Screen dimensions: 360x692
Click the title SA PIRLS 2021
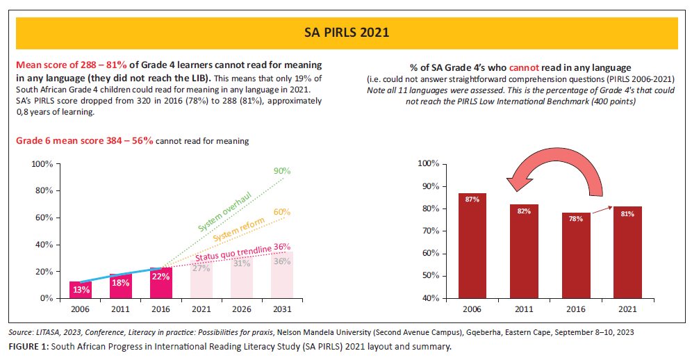(346, 33)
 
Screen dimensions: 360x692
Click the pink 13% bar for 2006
(81, 290)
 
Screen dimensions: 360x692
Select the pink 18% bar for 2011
(121, 286)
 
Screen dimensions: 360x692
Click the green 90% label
(281, 171)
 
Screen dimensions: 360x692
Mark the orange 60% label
(281, 211)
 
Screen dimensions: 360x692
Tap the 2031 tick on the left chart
(282, 309)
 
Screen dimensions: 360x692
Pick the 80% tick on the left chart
(44, 191)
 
